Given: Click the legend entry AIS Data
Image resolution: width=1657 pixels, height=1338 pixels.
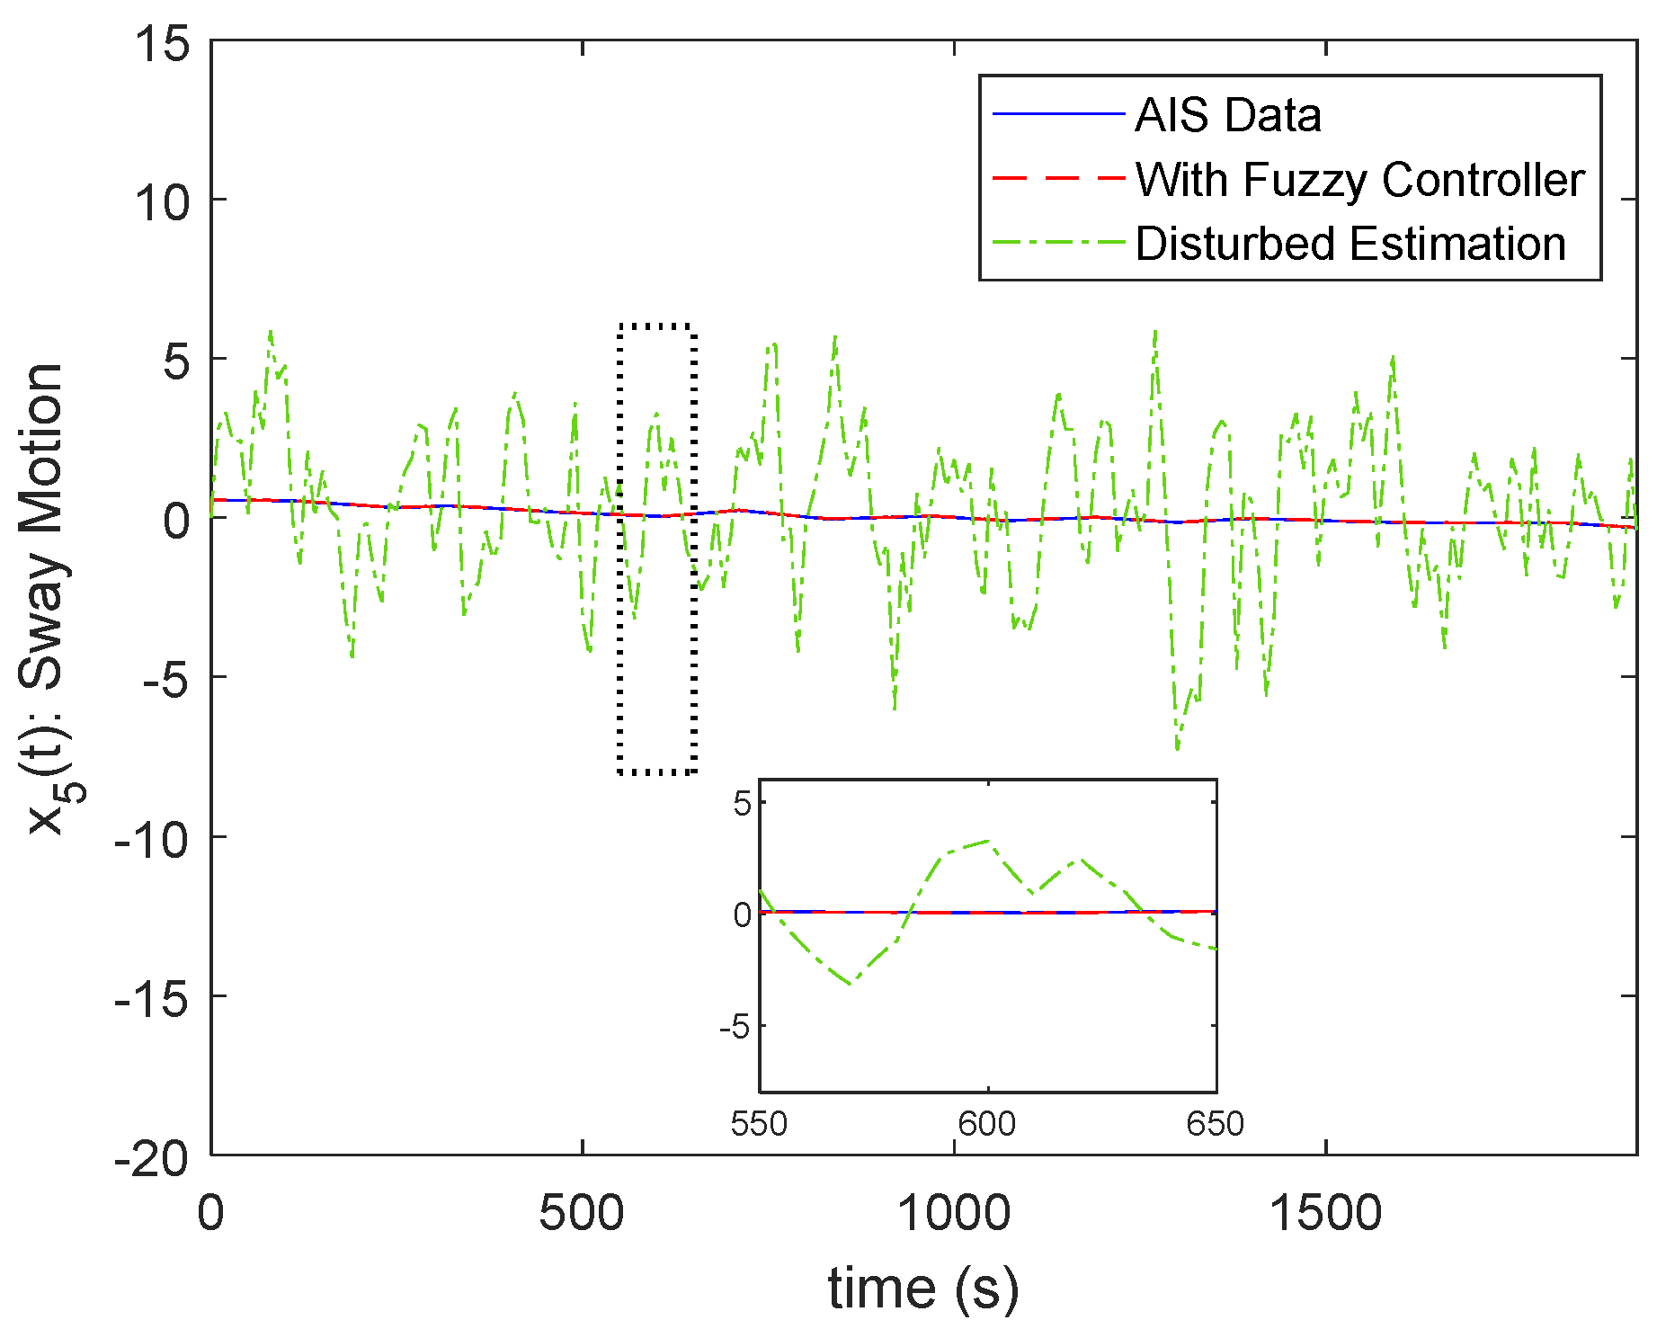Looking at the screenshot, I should tap(1227, 115).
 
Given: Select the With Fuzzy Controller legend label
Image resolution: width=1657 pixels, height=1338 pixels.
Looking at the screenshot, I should tap(1359, 180).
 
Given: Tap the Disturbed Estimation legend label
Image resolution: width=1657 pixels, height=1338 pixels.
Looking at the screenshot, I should tap(1350, 244).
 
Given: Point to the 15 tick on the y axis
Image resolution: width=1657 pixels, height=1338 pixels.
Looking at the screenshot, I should tap(162, 42).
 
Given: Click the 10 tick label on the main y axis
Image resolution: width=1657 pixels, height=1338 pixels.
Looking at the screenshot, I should tap(162, 201).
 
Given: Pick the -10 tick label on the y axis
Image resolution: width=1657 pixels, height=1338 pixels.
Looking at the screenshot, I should tap(152, 839).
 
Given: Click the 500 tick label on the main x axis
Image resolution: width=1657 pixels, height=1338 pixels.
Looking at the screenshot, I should tap(582, 1213).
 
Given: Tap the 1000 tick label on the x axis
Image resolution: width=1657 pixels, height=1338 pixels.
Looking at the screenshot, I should tap(954, 1213).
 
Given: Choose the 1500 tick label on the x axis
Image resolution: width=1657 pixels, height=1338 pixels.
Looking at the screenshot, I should tap(1325, 1213).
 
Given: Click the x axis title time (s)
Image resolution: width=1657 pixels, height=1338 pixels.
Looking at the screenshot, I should tap(923, 1288).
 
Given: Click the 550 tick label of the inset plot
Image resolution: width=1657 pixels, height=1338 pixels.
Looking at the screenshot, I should tap(759, 1124).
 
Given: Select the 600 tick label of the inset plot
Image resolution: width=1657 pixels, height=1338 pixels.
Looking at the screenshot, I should tap(987, 1124).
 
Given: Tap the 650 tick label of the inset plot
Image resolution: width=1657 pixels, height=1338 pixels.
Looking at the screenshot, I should tap(1216, 1124).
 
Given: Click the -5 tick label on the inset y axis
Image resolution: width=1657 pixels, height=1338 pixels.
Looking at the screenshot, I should tap(735, 1026).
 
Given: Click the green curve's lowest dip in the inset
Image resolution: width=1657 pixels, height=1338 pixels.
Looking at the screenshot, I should tap(850, 984).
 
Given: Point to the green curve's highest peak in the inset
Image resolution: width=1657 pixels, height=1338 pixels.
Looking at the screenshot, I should tap(988, 841).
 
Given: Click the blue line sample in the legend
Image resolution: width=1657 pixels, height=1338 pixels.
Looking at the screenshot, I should tap(1059, 114).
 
